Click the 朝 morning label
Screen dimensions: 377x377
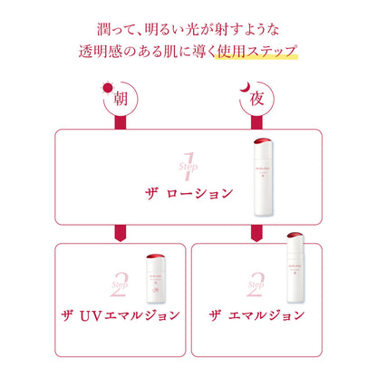tap(121, 99)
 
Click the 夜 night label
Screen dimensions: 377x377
tap(256, 99)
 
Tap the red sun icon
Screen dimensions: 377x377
tap(108, 88)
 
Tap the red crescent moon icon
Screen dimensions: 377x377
tap(246, 87)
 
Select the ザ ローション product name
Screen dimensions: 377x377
tap(189, 194)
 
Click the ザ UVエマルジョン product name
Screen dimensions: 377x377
tap(121, 315)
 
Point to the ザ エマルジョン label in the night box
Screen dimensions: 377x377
tap(256, 315)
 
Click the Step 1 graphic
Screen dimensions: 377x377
tap(188, 167)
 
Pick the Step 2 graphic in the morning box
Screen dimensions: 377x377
tap(120, 285)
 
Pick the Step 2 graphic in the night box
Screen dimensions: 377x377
tap(256, 285)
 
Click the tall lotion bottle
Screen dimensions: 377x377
tap(263, 177)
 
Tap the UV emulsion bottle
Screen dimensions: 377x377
tap(156, 278)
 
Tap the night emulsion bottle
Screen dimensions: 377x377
tap(295, 267)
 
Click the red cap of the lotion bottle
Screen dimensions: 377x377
tap(263, 141)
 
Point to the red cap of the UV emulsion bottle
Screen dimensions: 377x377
tap(156, 256)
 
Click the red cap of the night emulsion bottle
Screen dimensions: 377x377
tap(295, 236)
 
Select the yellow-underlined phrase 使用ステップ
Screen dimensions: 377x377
tap(257, 52)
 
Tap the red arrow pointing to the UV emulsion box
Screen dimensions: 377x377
tap(121, 233)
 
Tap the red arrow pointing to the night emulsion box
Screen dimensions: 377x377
tap(256, 233)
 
